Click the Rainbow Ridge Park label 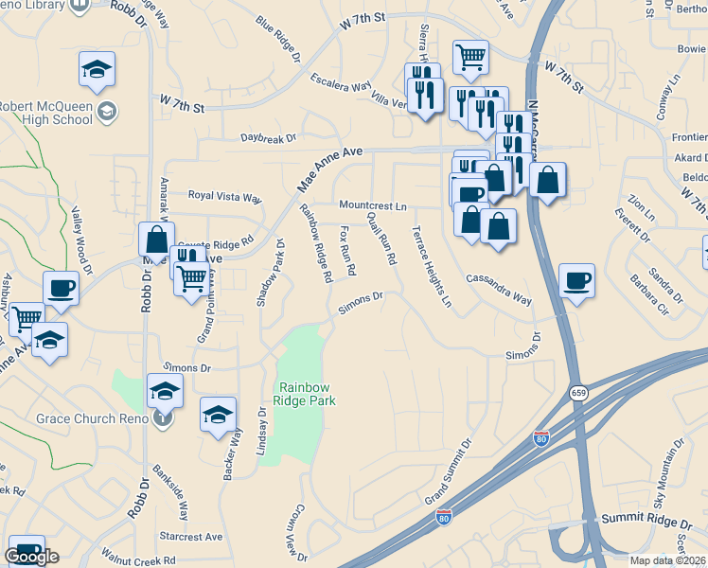click(x=306, y=393)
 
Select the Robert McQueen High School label click(x=47, y=113)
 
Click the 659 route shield click(x=576, y=392)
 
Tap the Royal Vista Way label click(x=223, y=197)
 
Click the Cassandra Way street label click(x=498, y=287)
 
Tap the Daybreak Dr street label click(x=268, y=139)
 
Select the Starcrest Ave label click(x=191, y=536)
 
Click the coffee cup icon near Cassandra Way click(x=576, y=280)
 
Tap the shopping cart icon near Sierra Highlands click(x=469, y=58)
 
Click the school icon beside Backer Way click(x=218, y=415)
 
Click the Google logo click(x=31, y=557)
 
